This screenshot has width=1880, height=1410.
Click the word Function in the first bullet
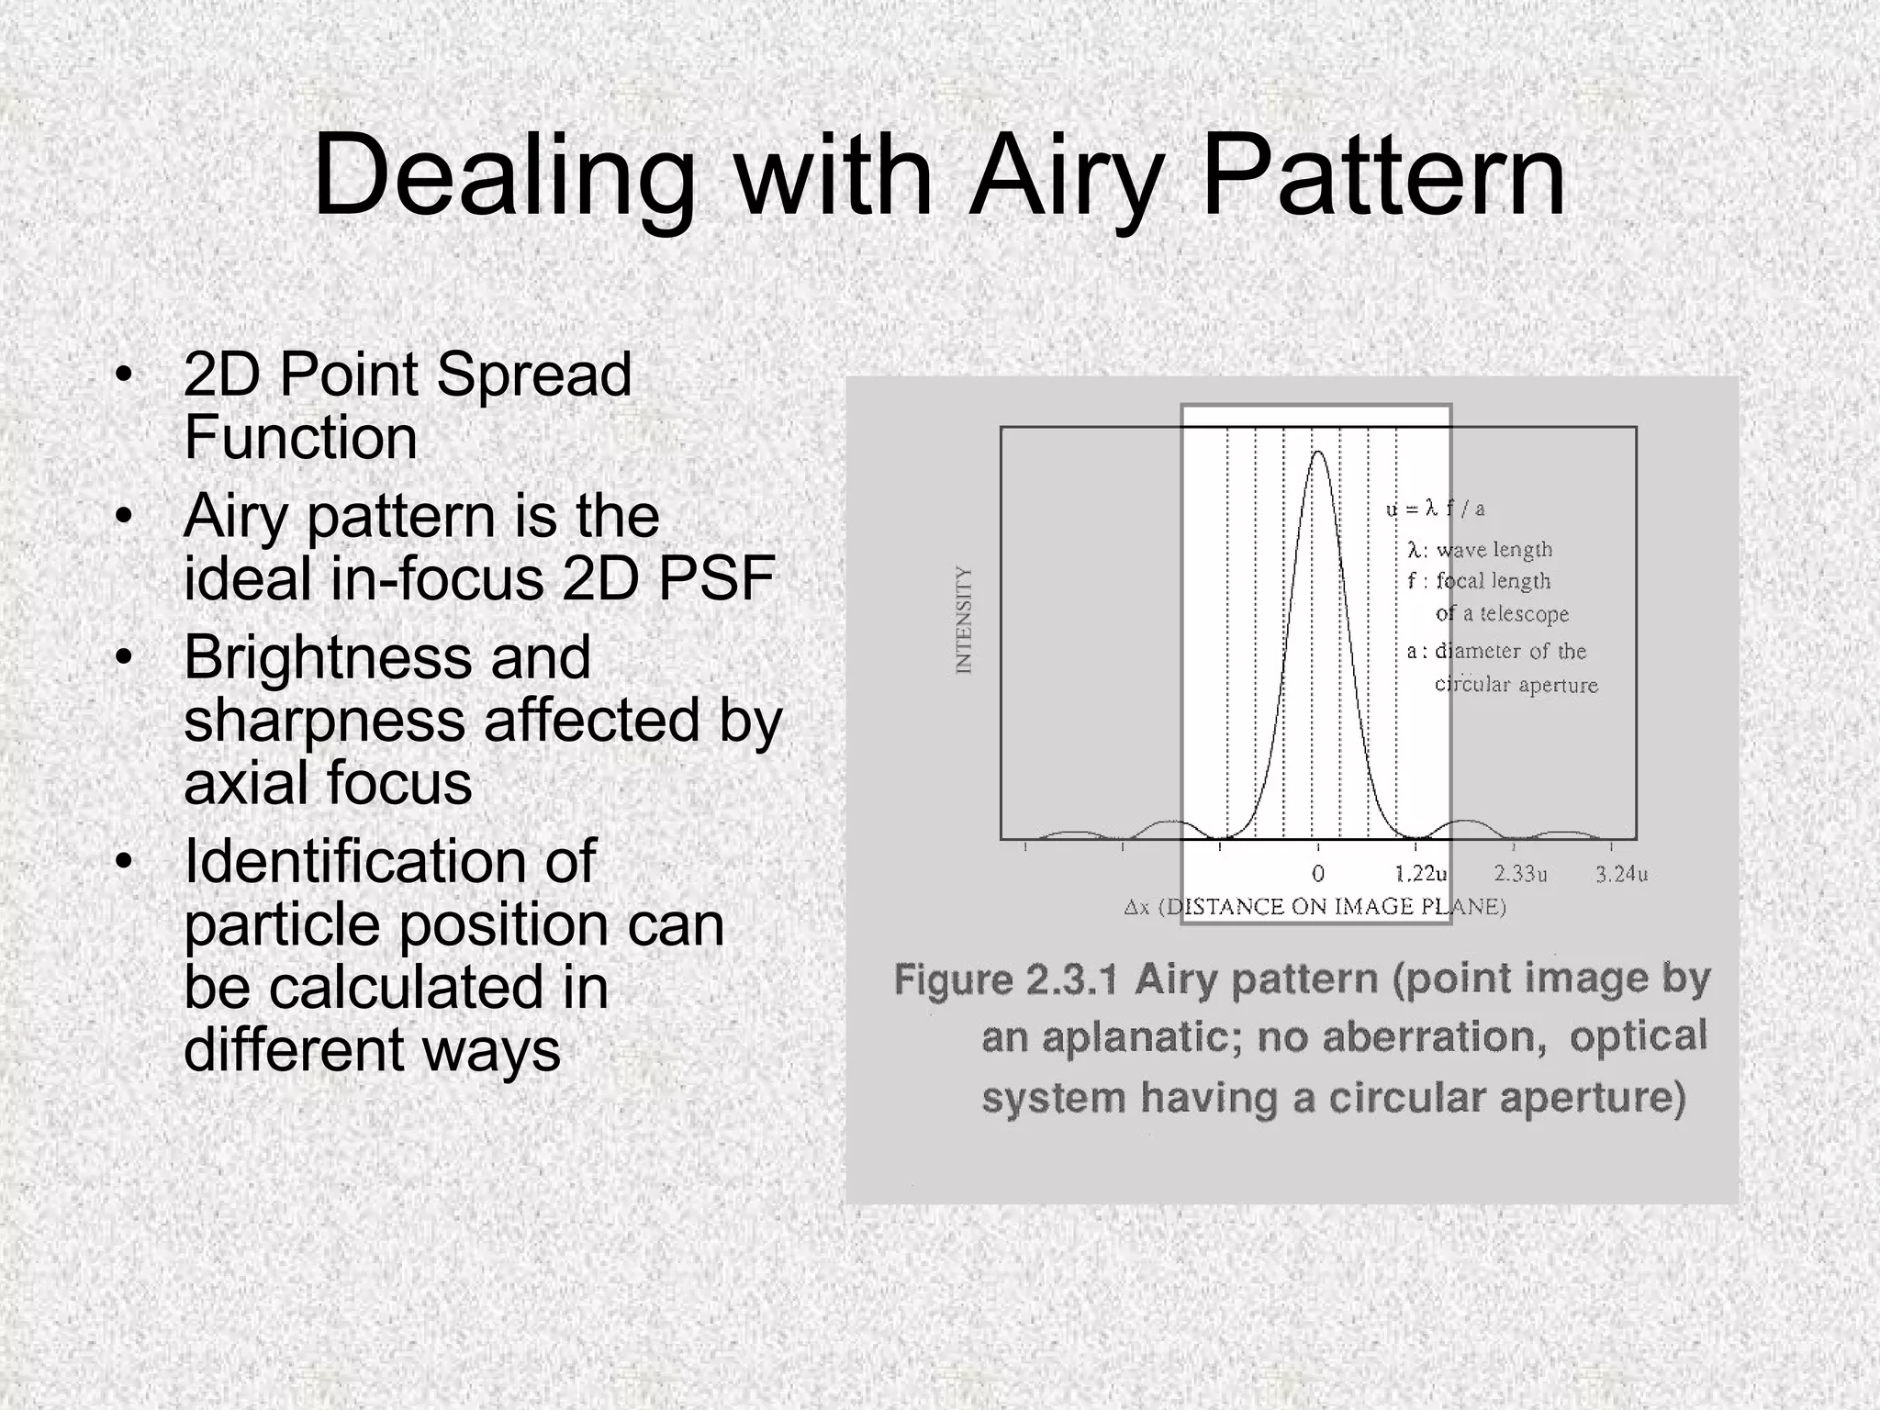(300, 437)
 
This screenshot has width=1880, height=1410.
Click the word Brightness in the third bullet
(386, 657)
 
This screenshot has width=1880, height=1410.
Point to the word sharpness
(324, 721)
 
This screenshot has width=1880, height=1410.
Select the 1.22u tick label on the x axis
(1421, 874)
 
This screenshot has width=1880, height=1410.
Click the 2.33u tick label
(1520, 874)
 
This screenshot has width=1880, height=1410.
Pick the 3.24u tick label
(1621, 874)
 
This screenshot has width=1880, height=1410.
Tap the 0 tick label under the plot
(1318, 874)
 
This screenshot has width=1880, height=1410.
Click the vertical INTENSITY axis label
(963, 620)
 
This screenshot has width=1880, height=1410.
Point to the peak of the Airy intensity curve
(1318, 453)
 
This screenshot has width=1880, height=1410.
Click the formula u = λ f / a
(1436, 509)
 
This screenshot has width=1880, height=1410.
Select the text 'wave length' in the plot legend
(1494, 550)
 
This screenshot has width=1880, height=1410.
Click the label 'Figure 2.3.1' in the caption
(1006, 980)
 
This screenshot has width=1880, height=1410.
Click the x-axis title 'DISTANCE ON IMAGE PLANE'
(1331, 908)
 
